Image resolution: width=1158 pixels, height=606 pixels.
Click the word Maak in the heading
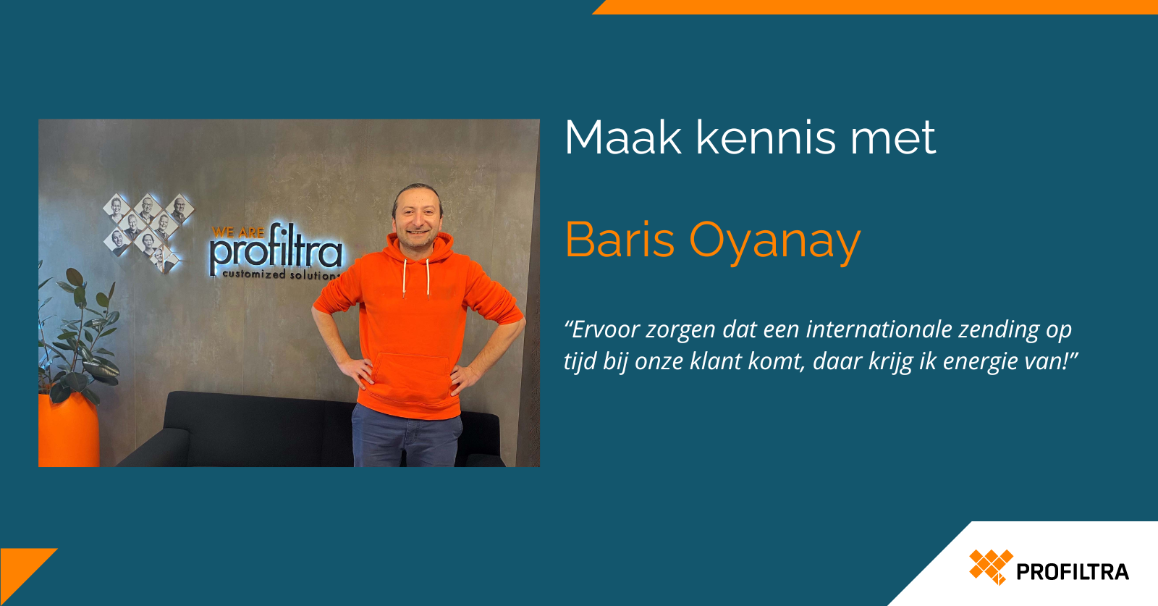pyautogui.click(x=623, y=138)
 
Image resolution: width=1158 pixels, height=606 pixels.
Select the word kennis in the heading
pyautogui.click(x=765, y=138)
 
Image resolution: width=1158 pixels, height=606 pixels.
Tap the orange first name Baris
pyautogui.click(x=620, y=240)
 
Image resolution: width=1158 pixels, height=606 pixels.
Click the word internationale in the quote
pyautogui.click(x=879, y=329)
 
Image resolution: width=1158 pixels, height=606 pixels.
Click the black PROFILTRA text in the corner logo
pyautogui.click(x=1072, y=573)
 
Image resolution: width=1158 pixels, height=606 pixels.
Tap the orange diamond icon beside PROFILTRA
pyautogui.click(x=991, y=567)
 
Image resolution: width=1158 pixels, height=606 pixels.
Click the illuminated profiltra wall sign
pyautogui.click(x=276, y=251)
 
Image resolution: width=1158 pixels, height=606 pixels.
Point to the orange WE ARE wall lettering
pyautogui.click(x=238, y=232)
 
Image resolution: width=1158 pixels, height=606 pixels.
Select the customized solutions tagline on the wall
pyautogui.click(x=282, y=274)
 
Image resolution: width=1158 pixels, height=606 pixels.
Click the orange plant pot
pyautogui.click(x=68, y=430)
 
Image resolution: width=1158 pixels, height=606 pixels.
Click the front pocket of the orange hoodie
pyautogui.click(x=410, y=376)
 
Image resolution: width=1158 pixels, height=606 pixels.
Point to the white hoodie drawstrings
pyautogui.click(x=415, y=279)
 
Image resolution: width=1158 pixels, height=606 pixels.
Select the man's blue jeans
pyautogui.click(x=406, y=436)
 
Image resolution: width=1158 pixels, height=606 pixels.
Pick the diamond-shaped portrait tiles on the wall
pyautogui.click(x=148, y=232)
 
